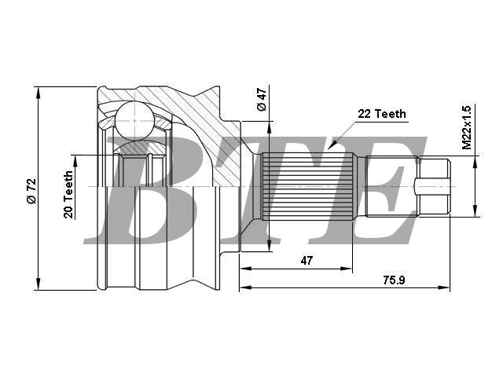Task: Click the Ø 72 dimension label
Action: click(32, 192)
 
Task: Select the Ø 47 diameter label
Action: click(262, 100)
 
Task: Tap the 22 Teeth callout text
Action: click(382, 114)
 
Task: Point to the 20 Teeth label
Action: click(68, 195)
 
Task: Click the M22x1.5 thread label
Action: click(467, 127)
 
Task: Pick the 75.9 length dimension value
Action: click(394, 280)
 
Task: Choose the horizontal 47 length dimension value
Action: click(307, 261)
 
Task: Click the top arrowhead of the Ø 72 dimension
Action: click(39, 92)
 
